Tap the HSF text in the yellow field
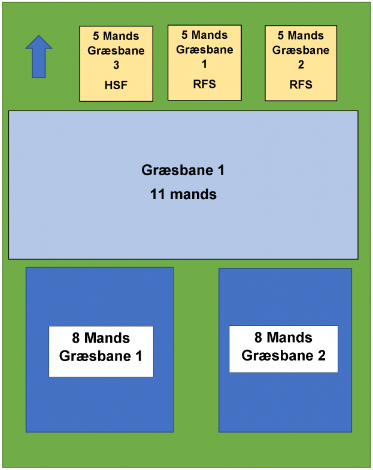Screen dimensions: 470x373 tap(116, 86)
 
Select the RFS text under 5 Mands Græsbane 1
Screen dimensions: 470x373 tap(205, 84)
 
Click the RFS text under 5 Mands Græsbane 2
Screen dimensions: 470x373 tap(301, 84)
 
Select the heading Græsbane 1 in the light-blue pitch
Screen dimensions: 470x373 tap(183, 170)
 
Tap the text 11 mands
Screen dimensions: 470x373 tap(183, 194)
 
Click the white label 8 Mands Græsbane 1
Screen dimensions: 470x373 tap(101, 351)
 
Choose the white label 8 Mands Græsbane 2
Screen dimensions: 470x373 tap(283, 349)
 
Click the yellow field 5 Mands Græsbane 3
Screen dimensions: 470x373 tap(116, 63)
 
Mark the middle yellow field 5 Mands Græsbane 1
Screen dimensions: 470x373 tap(205, 62)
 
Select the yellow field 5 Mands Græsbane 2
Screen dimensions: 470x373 tap(301, 63)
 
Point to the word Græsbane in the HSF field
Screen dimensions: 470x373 tap(116, 51)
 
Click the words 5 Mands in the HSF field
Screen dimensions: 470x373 tap(116, 36)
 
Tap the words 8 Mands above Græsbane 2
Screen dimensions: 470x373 tap(283, 338)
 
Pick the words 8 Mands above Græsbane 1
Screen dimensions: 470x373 tap(101, 339)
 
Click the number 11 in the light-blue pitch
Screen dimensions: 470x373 tap(158, 194)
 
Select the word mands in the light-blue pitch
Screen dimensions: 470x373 tap(193, 194)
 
